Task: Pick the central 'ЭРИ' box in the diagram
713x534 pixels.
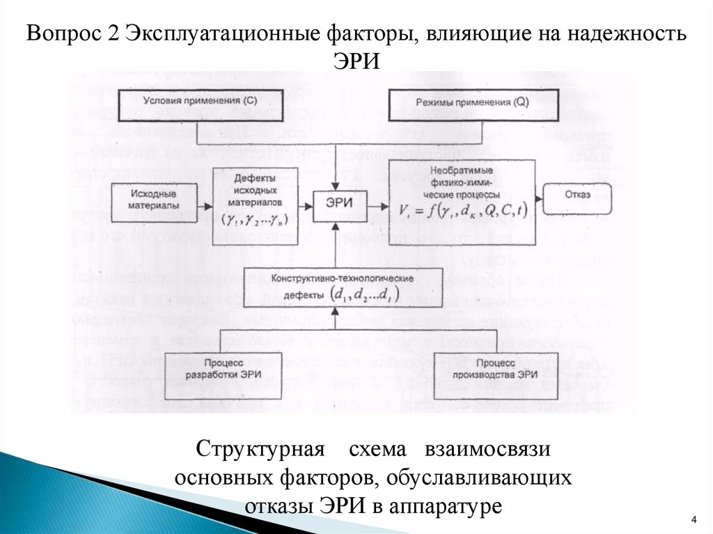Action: click(x=336, y=202)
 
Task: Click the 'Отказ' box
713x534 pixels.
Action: click(x=578, y=196)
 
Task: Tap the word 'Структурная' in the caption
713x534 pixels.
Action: click(x=260, y=449)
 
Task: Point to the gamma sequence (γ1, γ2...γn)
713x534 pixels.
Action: click(x=256, y=219)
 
